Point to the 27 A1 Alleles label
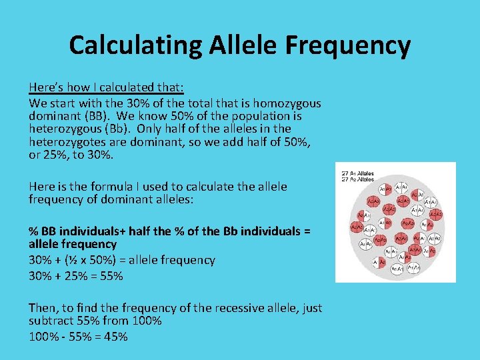coord(358,173)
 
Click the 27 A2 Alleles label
coord(358,179)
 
